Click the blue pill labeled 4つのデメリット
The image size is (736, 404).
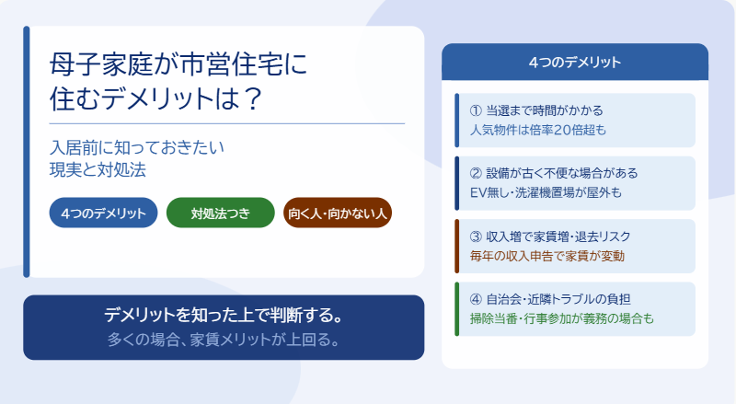pos(103,213)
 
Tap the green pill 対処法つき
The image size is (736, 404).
pos(221,213)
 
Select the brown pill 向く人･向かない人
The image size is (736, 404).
pos(338,213)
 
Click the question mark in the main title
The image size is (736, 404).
pos(253,98)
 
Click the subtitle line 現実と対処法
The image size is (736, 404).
pos(98,169)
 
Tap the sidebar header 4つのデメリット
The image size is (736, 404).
pos(575,62)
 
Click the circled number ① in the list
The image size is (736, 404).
pos(476,110)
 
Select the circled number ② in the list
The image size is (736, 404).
pos(476,173)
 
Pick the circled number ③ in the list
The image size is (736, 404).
pos(476,237)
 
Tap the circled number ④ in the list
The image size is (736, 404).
pos(476,299)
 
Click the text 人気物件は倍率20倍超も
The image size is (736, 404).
pos(538,130)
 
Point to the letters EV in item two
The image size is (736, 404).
pos(477,192)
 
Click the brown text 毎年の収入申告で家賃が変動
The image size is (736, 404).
pos(547,256)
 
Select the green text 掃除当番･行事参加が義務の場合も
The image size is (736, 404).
pos(562,318)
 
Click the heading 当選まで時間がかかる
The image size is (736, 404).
pos(545,110)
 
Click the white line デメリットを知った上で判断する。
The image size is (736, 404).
pos(224,315)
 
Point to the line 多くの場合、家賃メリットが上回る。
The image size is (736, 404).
pos(224,340)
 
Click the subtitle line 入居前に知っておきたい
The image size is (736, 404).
pos(136,147)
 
